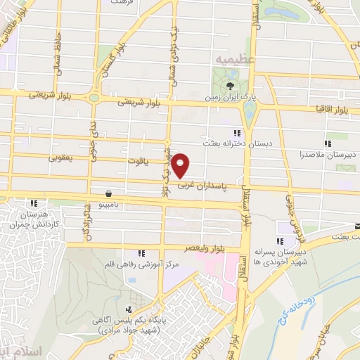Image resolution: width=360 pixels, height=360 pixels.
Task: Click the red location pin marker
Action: [x=181, y=164]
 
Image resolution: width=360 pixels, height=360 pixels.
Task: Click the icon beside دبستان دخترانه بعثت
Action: [x=238, y=132]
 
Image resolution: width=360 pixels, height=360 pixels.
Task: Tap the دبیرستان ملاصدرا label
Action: [x=333, y=153]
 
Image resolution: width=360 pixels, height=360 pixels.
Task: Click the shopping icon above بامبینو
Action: [x=109, y=193]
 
